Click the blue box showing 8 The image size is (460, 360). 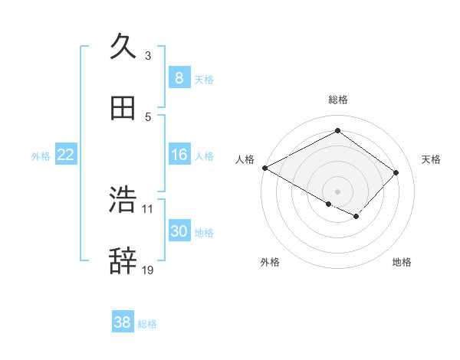pos(179,77)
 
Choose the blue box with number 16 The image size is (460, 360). pos(179,155)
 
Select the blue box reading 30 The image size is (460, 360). pos(179,231)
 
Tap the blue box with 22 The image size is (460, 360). pos(66,155)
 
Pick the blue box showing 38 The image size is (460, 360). pos(123,322)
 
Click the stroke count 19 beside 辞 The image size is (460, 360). pos(148,270)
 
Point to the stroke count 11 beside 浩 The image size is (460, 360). pos(148,208)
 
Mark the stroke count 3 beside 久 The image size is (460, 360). pos(148,55)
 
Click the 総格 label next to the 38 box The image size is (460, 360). pos(147,324)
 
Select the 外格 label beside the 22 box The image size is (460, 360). pos(41,155)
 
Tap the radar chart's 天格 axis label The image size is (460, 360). pos(431,159)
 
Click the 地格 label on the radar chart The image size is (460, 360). pos(402,262)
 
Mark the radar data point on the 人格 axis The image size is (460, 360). pos(264,168)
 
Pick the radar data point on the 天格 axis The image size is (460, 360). pos(396,172)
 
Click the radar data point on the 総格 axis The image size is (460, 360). pos(337,131)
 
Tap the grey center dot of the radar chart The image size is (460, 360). pos(337,191)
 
